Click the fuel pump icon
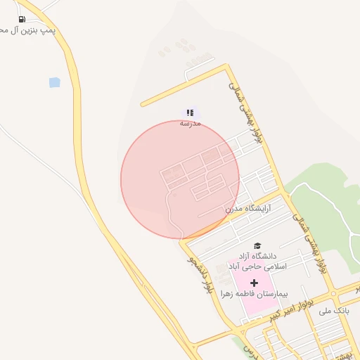tap(22, 19)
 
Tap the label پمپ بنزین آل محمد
tap(28, 32)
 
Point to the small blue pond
tap(55, 82)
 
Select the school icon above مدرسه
tap(190, 112)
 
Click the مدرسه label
tap(190, 123)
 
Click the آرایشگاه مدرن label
tap(247, 209)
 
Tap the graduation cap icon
tap(258, 245)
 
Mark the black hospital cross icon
tap(254, 282)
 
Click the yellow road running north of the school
tap(183, 86)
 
